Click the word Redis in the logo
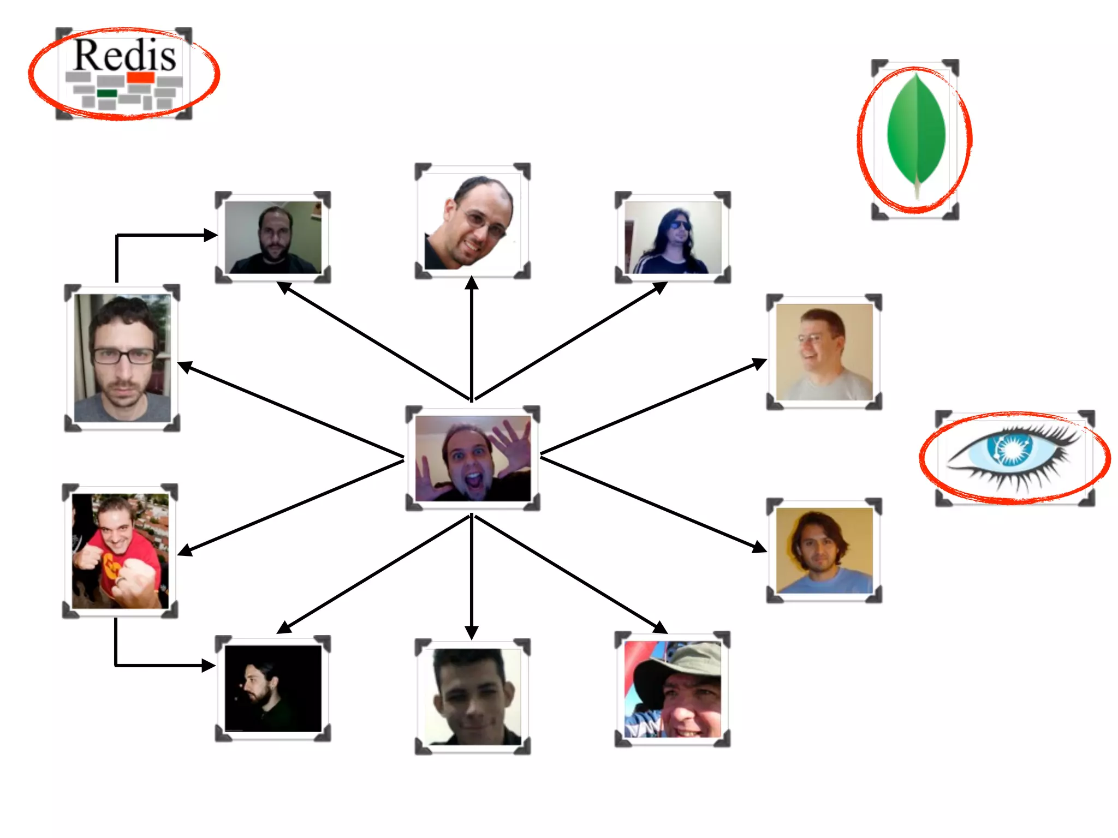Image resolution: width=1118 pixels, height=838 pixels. tap(125, 55)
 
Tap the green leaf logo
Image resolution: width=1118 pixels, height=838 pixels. tap(916, 131)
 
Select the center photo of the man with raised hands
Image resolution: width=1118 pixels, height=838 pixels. tap(473, 458)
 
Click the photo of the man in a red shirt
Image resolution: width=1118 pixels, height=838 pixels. tap(120, 551)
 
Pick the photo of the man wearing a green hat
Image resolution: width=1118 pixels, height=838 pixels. tap(673, 690)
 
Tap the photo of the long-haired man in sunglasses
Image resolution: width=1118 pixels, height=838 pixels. tap(673, 237)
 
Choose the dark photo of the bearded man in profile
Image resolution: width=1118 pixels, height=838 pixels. tap(273, 689)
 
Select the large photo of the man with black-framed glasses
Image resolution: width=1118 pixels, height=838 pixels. tap(122, 358)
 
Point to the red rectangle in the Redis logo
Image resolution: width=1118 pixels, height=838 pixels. tap(141, 77)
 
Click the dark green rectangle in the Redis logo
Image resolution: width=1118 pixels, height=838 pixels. tap(107, 94)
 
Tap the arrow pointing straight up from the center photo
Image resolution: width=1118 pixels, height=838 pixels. tap(472, 338)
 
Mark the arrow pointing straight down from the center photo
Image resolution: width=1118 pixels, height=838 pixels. tap(472, 578)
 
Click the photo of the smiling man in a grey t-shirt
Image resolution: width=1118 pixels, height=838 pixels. tap(824, 352)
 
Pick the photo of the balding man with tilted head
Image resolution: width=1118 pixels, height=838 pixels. tap(473, 222)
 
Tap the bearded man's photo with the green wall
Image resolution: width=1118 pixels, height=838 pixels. tap(273, 237)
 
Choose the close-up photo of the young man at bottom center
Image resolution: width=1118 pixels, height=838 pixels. tap(473, 696)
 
